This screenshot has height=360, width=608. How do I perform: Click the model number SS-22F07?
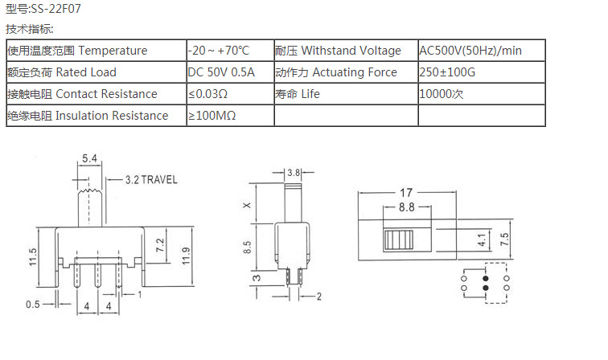point(55,9)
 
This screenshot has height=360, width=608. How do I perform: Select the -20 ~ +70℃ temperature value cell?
point(218,51)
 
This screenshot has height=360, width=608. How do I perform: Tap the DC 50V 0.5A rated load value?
point(221,72)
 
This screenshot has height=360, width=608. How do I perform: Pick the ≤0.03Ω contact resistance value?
point(207,94)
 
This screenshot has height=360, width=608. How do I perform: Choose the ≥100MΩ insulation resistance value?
point(212,116)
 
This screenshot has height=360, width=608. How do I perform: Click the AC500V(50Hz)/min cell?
point(470,51)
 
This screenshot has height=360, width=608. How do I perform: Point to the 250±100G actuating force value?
point(447,72)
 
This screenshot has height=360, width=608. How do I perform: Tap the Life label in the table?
point(310,94)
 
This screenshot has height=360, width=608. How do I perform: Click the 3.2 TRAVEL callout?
point(151,179)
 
